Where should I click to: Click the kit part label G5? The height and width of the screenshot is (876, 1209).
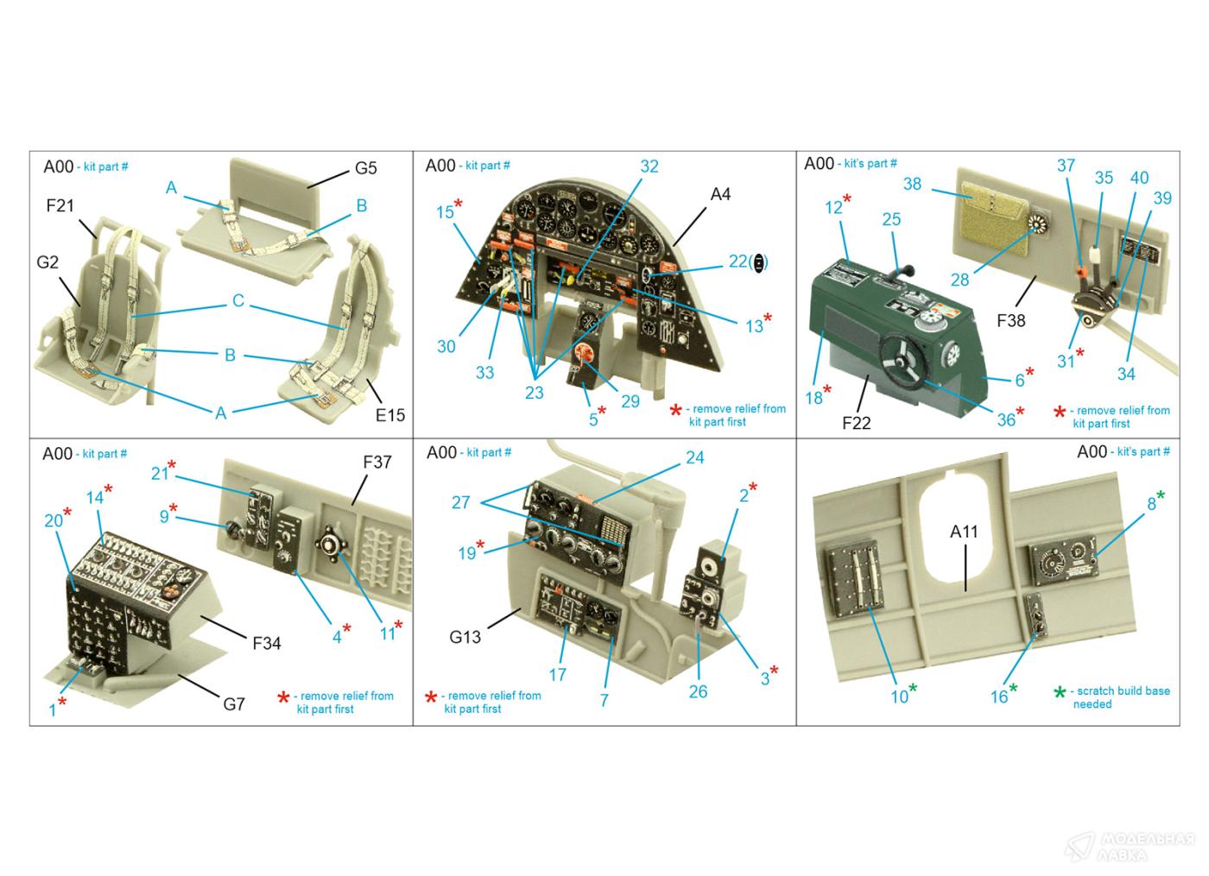(365, 168)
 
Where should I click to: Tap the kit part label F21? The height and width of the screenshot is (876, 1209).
(60, 205)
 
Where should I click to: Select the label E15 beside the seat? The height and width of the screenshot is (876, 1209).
(389, 415)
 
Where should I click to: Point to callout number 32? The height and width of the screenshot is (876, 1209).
(649, 166)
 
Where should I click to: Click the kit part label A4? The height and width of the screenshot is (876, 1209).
(720, 194)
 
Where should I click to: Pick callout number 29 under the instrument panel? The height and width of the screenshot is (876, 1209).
(630, 401)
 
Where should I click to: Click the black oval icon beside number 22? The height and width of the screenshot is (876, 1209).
(759, 262)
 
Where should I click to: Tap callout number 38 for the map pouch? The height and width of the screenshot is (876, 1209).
(912, 184)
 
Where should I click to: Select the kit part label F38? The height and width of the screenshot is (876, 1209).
(1011, 321)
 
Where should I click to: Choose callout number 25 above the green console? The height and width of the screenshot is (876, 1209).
(891, 219)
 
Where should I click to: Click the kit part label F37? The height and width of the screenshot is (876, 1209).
(377, 463)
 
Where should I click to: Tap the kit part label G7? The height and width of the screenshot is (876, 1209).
(234, 704)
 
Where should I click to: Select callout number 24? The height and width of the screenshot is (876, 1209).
(694, 458)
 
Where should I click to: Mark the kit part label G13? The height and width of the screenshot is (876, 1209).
(465, 637)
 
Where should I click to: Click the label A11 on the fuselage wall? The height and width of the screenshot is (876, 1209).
(964, 532)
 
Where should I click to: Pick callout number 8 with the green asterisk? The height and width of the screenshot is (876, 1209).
(1151, 504)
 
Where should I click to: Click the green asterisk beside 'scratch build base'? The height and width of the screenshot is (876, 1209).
(1060, 691)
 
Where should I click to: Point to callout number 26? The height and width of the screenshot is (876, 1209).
(698, 691)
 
